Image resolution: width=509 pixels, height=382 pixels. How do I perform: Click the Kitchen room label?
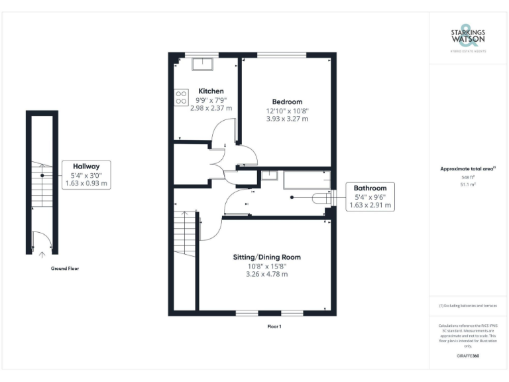pyautogui.click(x=211, y=91)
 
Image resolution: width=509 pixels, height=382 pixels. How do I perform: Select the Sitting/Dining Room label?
pyautogui.click(x=267, y=257)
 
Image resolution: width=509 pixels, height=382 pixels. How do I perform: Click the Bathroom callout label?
pyautogui.click(x=370, y=188)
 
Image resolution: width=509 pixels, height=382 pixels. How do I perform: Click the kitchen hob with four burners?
pyautogui.click(x=182, y=97)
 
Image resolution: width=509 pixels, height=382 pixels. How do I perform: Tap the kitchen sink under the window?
pyautogui.click(x=201, y=64)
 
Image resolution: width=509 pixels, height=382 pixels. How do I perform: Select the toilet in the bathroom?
pyautogui.click(x=323, y=197)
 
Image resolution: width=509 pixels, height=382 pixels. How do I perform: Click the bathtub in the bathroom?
pyautogui.click(x=306, y=180)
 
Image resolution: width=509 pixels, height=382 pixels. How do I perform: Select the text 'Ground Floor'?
pyautogui.click(x=66, y=269)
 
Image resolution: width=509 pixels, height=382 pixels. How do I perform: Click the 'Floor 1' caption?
pyautogui.click(x=274, y=326)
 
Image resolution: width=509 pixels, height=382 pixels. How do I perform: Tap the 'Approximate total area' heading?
pyautogui.click(x=467, y=169)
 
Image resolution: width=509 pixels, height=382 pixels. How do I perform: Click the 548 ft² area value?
pyautogui.click(x=468, y=178)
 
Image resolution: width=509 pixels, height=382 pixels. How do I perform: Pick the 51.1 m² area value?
pyautogui.click(x=468, y=185)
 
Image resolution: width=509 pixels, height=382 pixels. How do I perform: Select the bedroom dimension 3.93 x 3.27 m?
pyautogui.click(x=288, y=119)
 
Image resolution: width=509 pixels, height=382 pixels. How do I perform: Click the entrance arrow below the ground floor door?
pyautogui.click(x=42, y=254)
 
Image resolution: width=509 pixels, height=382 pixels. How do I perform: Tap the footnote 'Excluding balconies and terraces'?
pyautogui.click(x=468, y=305)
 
